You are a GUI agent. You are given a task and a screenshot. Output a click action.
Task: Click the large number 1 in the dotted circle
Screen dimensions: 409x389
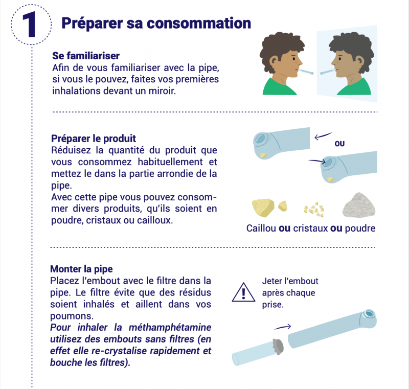click(30, 25)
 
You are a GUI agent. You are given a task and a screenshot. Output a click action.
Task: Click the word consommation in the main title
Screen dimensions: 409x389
click(199, 23)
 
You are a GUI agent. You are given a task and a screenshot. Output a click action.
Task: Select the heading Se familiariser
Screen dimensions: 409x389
click(86, 56)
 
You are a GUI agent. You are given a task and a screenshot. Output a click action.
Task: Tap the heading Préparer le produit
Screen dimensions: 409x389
click(94, 139)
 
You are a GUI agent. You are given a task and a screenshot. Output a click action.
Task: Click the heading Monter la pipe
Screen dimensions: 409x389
click(81, 269)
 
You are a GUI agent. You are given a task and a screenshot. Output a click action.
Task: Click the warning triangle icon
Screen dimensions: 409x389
click(243, 292)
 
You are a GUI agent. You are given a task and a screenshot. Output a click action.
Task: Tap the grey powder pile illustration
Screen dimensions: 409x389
click(359, 205)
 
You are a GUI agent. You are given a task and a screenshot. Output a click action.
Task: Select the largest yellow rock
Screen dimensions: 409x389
click(263, 208)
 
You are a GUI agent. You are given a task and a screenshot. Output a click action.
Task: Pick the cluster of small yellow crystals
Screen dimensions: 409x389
click(314, 209)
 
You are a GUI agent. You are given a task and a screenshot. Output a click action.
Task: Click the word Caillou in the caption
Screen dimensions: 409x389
click(261, 228)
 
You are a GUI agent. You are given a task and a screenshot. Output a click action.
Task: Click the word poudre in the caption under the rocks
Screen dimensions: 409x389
click(360, 228)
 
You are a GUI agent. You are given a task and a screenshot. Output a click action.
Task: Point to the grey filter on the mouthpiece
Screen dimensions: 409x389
click(279, 347)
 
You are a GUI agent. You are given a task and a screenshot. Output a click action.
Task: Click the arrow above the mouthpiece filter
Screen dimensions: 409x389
click(283, 327)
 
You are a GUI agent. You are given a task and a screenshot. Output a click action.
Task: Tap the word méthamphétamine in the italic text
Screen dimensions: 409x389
click(170, 328)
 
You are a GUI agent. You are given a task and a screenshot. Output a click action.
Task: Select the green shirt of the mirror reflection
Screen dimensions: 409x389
click(354, 87)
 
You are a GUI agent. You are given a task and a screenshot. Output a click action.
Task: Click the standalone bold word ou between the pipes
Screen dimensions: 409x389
click(339, 144)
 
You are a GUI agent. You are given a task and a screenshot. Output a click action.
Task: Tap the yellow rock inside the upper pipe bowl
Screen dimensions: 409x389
click(263, 155)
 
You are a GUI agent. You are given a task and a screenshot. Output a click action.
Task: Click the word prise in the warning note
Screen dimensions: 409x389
click(272, 305)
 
